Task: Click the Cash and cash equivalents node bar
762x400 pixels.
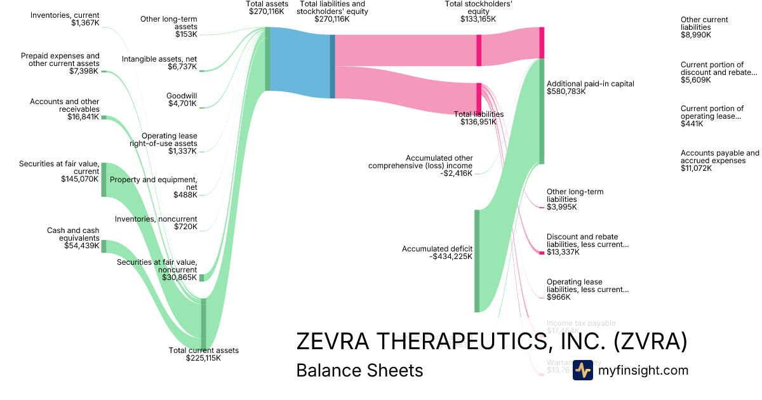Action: coord(104,246)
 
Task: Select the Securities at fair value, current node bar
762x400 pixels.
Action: coord(104,179)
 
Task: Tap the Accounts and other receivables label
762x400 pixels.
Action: coord(64,109)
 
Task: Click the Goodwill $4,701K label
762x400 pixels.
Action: coord(182,100)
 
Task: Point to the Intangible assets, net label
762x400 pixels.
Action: coord(159,63)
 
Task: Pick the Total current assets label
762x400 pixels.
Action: coord(203,354)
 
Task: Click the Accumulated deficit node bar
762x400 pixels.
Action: coord(477,260)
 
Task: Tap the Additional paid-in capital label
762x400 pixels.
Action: coord(591,88)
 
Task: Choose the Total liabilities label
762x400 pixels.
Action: coord(479,118)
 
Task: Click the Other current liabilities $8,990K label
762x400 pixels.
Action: coord(704,27)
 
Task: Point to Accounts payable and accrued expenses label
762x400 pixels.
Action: coord(719,161)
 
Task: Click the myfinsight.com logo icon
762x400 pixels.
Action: coord(582,370)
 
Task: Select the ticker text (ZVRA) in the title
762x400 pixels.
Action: coord(650,342)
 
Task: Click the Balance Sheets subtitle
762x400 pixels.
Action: coord(359,370)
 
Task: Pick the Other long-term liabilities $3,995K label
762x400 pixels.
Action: coord(575,199)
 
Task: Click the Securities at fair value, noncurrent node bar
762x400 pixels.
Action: coord(202,277)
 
